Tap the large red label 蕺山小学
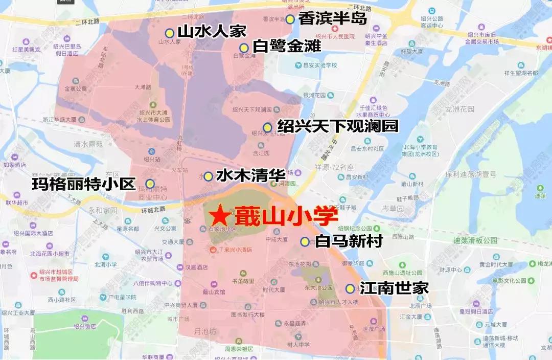pos(280,215)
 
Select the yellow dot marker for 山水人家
pos(169,33)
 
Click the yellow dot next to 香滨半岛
pos(290,19)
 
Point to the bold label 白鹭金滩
pos(287,47)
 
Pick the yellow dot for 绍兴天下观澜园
pos(267,127)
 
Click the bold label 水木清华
pos(250,176)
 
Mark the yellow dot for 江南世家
pos(350,288)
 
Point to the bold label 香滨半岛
pos(333,19)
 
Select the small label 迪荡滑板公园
pos(475,240)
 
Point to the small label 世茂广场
pos(373,329)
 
